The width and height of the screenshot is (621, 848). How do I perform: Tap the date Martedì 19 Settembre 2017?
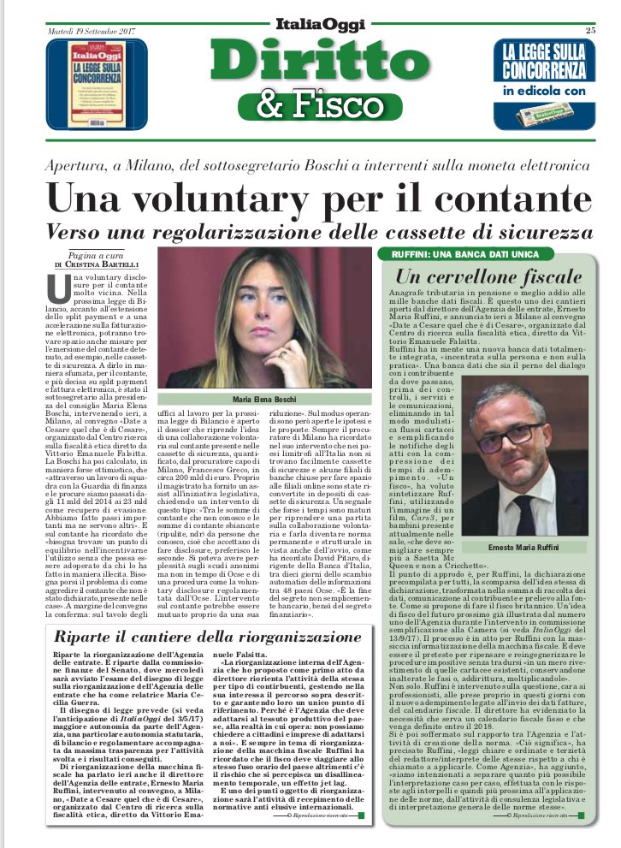(x=80, y=32)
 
